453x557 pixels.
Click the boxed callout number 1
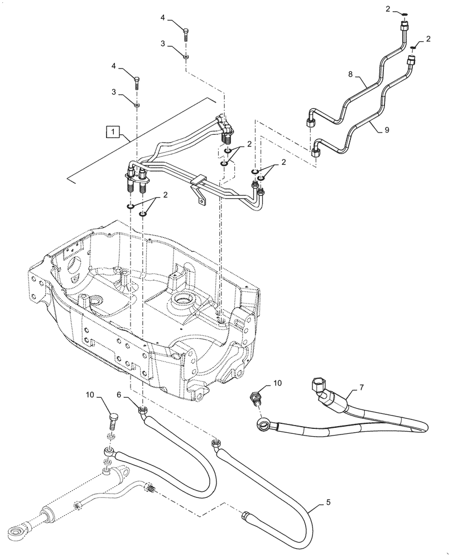[x=113, y=132]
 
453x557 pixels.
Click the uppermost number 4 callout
[x=163, y=18]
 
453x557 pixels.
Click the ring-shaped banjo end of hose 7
[x=261, y=427]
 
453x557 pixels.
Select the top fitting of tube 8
[x=403, y=26]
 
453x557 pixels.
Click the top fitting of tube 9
[x=412, y=58]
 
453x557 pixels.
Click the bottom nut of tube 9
[x=317, y=152]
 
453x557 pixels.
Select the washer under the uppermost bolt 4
[x=186, y=56]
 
